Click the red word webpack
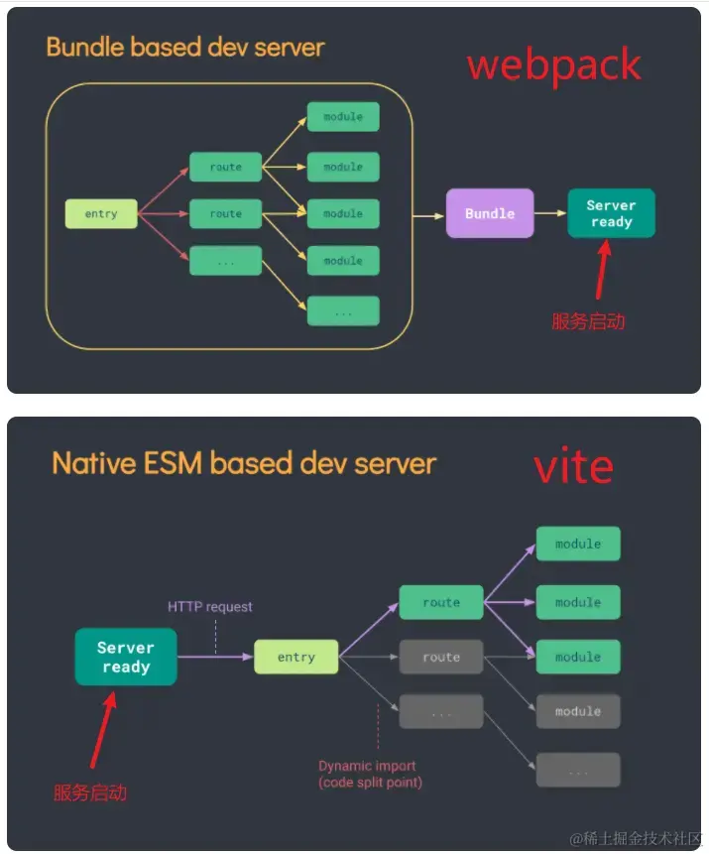point(553,65)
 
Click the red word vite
point(573,466)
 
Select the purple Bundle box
point(490,213)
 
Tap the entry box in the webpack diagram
point(101,213)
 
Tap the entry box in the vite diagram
point(295,657)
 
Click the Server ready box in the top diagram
point(611,213)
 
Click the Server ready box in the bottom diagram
point(126,657)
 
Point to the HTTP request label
point(209,606)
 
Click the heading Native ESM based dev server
point(244,463)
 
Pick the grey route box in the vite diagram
point(441,657)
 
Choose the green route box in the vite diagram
point(441,602)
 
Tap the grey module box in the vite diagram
point(578,711)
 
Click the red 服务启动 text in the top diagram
point(588,321)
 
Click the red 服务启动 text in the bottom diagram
point(90,793)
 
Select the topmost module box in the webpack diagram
point(343,117)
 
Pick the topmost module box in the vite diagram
point(578,544)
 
